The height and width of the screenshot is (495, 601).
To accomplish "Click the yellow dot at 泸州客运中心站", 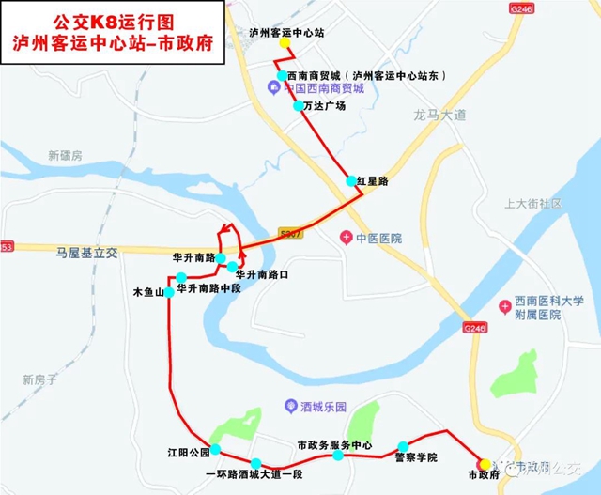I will pyautogui.click(x=285, y=44).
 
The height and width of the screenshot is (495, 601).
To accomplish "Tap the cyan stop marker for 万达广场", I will pyautogui.click(x=299, y=106).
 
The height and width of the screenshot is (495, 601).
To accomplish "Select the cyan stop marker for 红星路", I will pyautogui.click(x=351, y=180).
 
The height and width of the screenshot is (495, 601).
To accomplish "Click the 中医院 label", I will pyautogui.click(x=378, y=239).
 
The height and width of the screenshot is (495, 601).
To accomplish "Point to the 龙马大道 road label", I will pyautogui.click(x=439, y=115).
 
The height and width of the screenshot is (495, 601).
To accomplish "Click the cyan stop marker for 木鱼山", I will pyautogui.click(x=169, y=292).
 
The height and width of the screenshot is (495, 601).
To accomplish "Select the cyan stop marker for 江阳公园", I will pyautogui.click(x=215, y=449).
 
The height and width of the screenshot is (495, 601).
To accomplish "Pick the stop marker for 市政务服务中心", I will pyautogui.click(x=336, y=457).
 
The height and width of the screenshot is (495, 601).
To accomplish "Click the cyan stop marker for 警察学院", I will pyautogui.click(x=403, y=446).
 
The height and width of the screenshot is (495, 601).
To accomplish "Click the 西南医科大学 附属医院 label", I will pyautogui.click(x=542, y=308).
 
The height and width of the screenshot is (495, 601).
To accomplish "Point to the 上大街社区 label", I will pyautogui.click(x=532, y=203).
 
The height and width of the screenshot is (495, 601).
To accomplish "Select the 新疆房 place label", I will pyautogui.click(x=66, y=154).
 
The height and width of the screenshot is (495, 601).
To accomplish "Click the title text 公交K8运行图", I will pyautogui.click(x=113, y=18).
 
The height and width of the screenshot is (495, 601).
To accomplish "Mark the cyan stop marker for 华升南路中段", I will pyautogui.click(x=181, y=277).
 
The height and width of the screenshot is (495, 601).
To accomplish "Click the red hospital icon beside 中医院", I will pyautogui.click(x=346, y=239).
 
